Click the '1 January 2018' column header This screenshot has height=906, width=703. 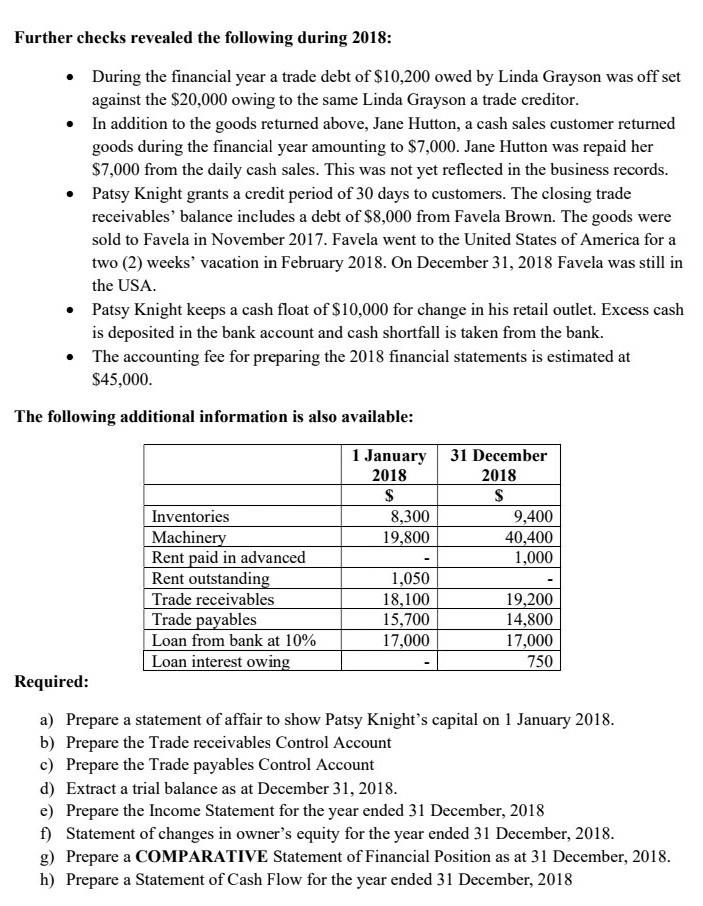pos(388,465)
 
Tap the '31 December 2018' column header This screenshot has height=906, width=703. pos(498,465)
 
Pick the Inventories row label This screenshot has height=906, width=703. pos(190,517)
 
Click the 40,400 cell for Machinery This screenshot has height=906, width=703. pos(530,537)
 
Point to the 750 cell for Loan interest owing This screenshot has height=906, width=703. pos(538,661)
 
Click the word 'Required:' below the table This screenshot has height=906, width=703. pos(52,682)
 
